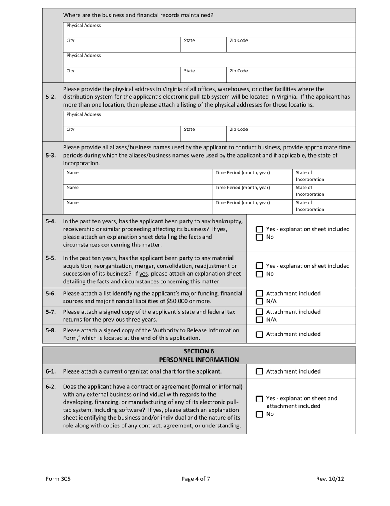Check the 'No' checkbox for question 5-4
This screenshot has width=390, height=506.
click(259, 237)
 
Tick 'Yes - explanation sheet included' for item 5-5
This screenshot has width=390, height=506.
click(259, 266)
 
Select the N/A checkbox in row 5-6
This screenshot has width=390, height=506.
click(259, 301)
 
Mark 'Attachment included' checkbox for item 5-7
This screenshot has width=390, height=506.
click(259, 312)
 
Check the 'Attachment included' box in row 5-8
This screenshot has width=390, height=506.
click(259, 334)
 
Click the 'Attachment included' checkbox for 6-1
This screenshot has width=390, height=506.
click(259, 371)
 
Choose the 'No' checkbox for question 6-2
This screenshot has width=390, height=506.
click(259, 414)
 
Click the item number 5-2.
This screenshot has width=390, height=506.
click(51, 97)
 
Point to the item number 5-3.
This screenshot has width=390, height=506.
click(51, 156)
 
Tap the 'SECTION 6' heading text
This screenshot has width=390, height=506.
click(199, 351)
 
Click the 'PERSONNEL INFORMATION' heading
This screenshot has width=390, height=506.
click(199, 360)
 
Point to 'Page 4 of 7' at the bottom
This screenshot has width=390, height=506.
click(196, 479)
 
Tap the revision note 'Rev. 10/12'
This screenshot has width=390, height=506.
click(330, 479)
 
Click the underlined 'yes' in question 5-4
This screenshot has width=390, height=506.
click(222, 229)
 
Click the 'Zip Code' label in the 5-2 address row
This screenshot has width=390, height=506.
click(239, 129)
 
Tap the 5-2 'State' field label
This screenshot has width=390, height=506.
click(189, 129)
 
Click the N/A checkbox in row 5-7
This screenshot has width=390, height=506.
click(259, 320)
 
